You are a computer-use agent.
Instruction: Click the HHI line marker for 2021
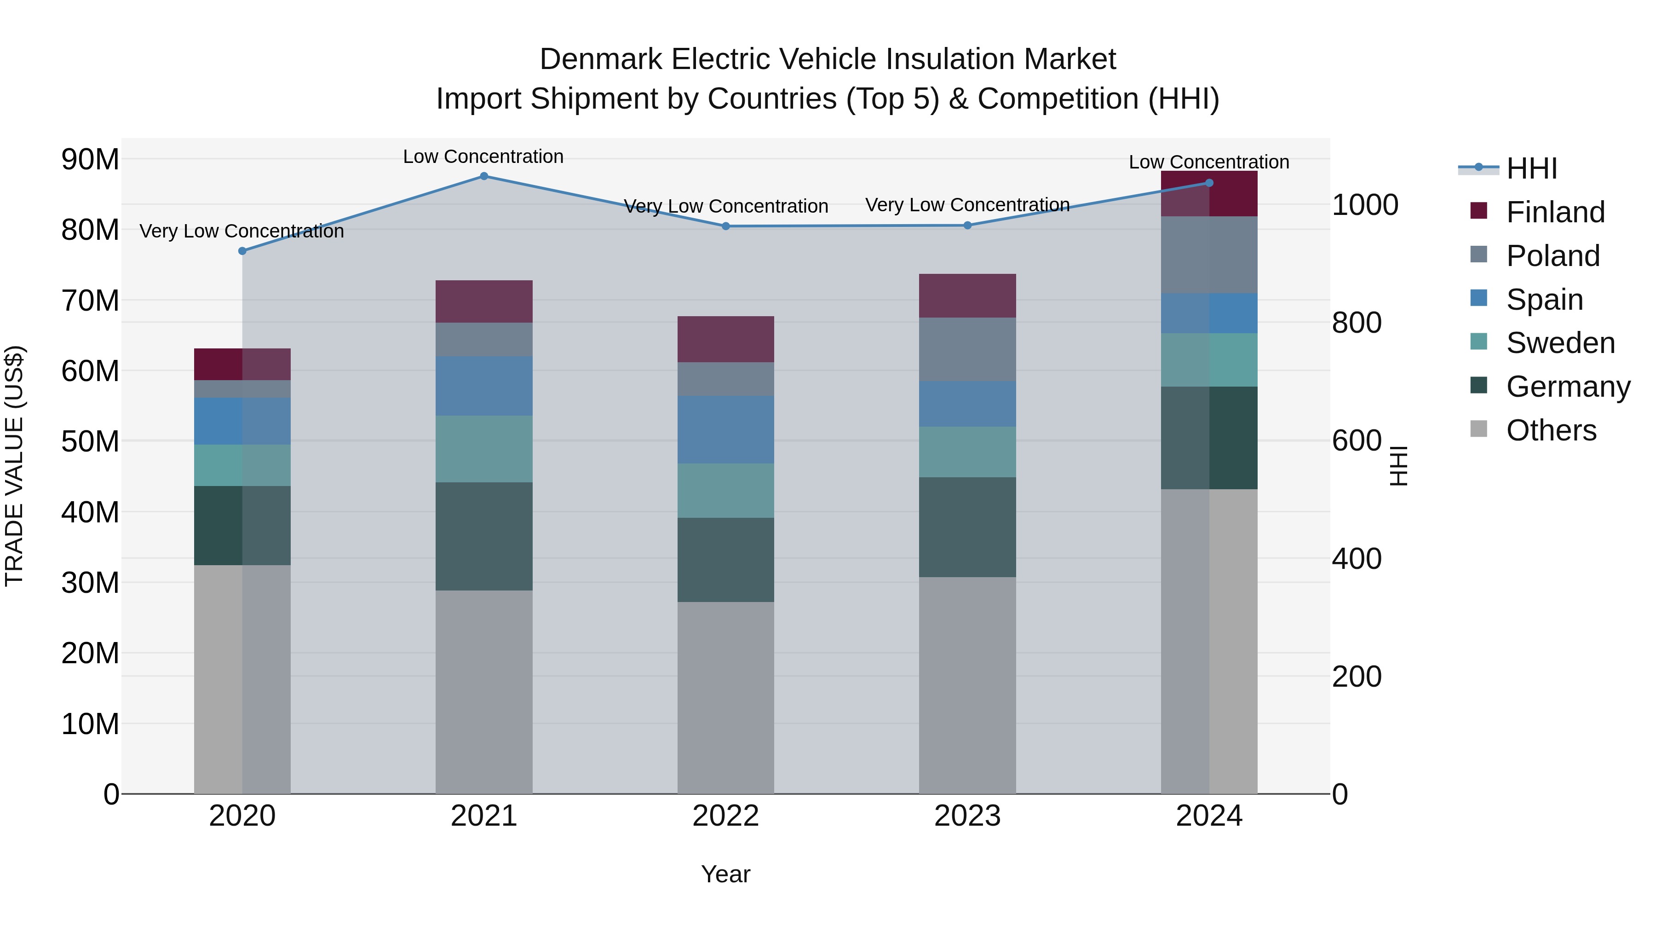point(484,176)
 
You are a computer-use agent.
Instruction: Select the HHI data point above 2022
point(726,226)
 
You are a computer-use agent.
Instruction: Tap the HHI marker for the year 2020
point(242,251)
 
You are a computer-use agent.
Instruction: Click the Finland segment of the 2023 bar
point(967,296)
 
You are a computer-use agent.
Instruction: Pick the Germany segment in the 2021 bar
point(484,537)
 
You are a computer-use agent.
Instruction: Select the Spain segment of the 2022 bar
point(726,430)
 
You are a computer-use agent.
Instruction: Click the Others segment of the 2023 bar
point(967,685)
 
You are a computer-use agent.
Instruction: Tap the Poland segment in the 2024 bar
point(1209,255)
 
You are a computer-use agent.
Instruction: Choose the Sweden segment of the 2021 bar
point(484,449)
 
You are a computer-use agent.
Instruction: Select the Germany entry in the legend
point(1567,387)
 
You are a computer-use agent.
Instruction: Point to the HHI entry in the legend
point(1531,168)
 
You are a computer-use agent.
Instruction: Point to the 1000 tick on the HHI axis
point(1365,205)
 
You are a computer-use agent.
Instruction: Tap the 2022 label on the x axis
point(726,816)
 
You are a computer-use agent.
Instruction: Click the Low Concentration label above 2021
point(483,156)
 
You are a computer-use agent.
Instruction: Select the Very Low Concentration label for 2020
point(241,231)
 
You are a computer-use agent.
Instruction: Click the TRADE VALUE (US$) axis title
point(14,466)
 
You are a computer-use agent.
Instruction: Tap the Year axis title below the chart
point(726,874)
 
